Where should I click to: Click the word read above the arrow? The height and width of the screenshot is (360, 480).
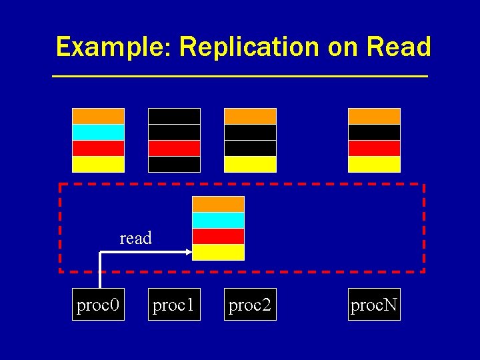point(135,238)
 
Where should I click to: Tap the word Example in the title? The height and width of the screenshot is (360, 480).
point(113,47)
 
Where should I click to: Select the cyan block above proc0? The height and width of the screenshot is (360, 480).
point(98,132)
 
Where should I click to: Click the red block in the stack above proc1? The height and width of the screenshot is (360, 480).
point(174,148)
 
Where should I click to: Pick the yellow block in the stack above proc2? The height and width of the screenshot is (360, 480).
point(250,164)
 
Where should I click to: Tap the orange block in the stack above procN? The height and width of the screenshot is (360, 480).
point(374,116)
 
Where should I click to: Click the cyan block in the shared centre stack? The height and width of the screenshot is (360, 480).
point(218,220)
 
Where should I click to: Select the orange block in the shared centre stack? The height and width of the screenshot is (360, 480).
point(218,204)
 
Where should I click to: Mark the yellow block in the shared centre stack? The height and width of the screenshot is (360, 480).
point(218,252)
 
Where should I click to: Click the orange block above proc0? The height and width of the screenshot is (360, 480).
point(98,116)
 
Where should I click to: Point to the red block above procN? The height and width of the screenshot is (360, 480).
point(374,148)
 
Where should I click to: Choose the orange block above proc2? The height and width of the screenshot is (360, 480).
point(250,116)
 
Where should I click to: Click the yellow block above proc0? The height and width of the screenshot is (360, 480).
point(98,164)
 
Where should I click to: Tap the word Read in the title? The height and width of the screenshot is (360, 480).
point(399,47)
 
